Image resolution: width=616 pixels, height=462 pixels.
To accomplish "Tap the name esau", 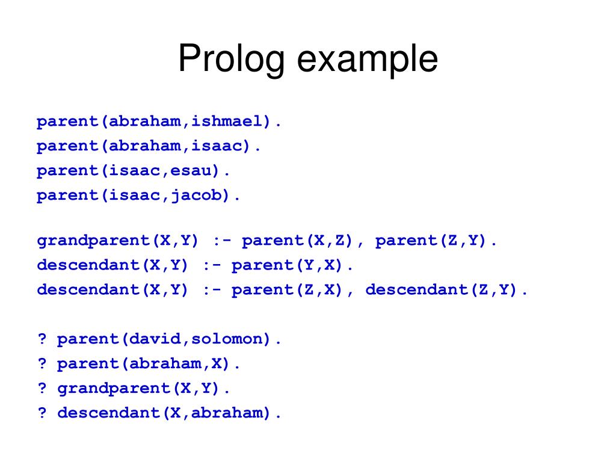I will coord(190,171).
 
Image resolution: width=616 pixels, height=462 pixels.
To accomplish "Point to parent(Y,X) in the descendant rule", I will coord(288,265).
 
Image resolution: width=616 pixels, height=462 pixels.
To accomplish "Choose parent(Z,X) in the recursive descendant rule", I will coord(288,290).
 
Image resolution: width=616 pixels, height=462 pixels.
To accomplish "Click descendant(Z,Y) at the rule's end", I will coord(442,290).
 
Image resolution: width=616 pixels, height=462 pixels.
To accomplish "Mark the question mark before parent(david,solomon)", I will coord(42,339).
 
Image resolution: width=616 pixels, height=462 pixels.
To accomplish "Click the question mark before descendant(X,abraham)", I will coord(42,413).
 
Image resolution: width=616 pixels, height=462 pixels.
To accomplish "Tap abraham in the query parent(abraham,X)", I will coord(165,364).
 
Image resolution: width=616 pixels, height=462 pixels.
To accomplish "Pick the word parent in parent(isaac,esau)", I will coord(67,171).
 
